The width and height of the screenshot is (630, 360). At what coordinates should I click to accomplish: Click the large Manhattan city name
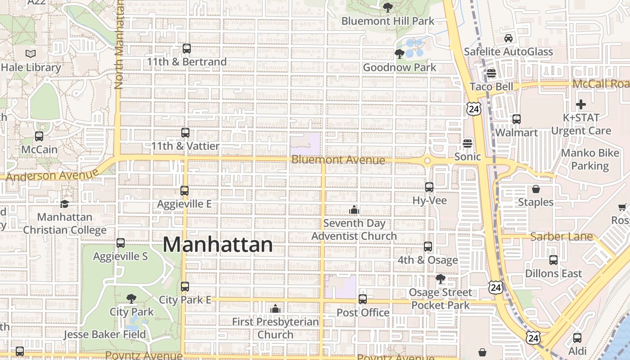[x=218, y=245]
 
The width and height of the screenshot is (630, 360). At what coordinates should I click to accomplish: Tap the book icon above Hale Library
[x=31, y=54]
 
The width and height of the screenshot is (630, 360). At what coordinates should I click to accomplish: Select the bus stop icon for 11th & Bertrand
[x=187, y=48]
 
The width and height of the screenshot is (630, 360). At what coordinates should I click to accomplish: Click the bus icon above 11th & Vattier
[x=185, y=133]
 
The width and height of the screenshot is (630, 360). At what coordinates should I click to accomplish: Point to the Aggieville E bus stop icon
[x=184, y=191]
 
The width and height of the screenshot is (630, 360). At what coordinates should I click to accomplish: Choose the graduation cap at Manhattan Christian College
[x=65, y=204]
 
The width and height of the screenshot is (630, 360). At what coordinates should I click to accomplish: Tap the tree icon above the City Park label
[x=131, y=298]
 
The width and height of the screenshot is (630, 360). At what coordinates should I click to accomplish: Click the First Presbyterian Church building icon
[x=275, y=309]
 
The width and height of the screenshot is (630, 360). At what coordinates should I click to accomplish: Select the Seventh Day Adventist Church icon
[x=354, y=210]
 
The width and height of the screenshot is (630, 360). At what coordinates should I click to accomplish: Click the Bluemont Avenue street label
[x=338, y=160]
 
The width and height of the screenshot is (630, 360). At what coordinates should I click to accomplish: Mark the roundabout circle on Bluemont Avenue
[x=427, y=161]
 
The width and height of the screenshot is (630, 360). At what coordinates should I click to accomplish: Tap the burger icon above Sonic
[x=468, y=144]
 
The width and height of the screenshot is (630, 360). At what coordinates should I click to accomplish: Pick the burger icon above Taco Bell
[x=491, y=73]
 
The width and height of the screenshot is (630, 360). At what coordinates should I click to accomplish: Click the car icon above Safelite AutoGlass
[x=508, y=38]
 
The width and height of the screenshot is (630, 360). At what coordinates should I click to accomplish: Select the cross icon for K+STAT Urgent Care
[x=581, y=104]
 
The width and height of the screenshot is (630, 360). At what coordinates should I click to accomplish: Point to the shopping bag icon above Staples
[x=535, y=189]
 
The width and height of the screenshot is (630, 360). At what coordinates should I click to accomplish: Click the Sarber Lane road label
[x=562, y=237]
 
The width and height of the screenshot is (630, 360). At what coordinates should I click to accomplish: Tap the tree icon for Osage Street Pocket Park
[x=441, y=279]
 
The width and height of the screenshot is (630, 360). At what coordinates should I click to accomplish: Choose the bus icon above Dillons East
[x=553, y=260]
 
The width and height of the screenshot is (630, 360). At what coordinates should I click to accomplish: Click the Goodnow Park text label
[x=400, y=67]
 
